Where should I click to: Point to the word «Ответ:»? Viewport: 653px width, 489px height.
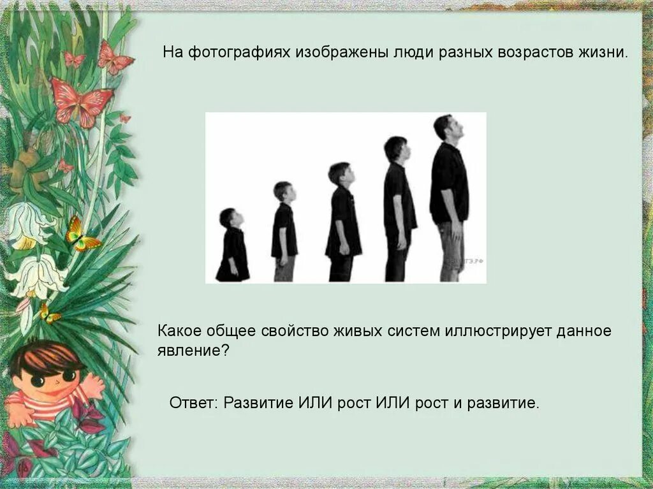194,404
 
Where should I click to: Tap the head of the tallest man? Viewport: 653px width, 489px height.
444,127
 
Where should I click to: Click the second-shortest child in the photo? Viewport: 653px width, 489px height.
284,233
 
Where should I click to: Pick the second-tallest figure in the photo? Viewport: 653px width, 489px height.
399,210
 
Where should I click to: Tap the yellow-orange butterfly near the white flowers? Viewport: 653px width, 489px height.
80,236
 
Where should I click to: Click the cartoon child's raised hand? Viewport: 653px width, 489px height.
94,384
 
